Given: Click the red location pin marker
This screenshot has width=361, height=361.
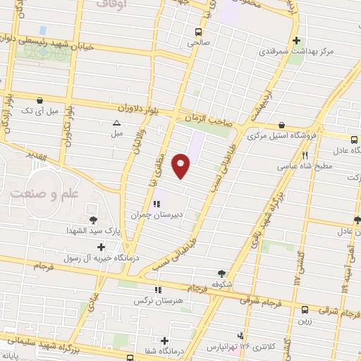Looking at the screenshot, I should coord(182,166).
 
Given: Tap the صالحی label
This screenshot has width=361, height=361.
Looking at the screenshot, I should coord(199,42).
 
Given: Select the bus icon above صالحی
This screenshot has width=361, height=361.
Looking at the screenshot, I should coord(199,32).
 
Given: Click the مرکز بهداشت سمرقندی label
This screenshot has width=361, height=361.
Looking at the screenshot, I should coord(295,52).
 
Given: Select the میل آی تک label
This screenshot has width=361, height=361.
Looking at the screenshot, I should coord(35,112).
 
